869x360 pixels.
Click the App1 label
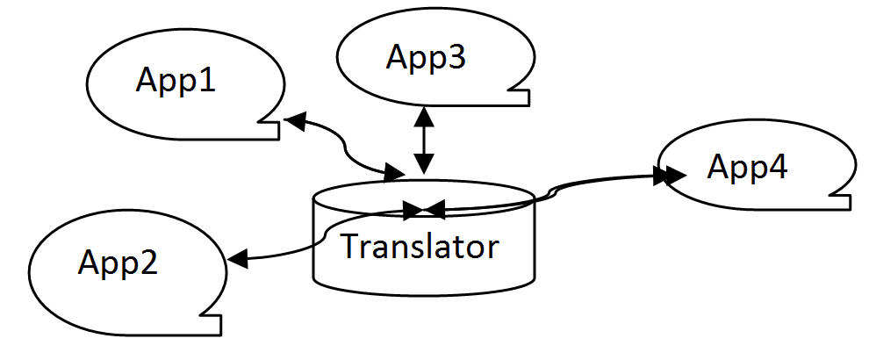click(176, 82)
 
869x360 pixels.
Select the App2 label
click(118, 262)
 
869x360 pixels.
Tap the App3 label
click(427, 57)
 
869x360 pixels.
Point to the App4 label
click(747, 168)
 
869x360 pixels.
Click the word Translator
click(420, 246)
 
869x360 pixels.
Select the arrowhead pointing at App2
click(237, 258)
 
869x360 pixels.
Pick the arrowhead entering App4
click(669, 176)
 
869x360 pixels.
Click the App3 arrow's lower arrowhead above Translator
click(424, 164)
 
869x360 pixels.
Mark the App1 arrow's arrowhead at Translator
click(395, 172)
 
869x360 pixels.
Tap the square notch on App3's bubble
click(521, 96)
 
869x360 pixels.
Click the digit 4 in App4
click(777, 168)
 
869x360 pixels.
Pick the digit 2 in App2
click(148, 262)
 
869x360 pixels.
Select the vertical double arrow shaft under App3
click(424, 140)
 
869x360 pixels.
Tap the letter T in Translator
click(351, 245)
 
